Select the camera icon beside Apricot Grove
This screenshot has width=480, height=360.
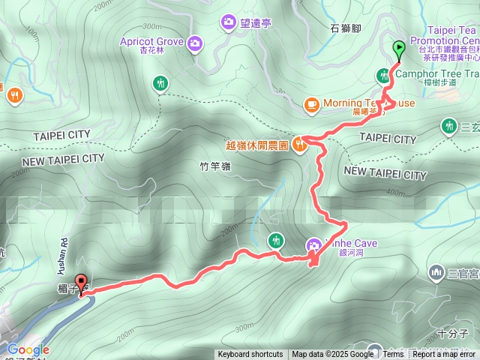click(195, 42)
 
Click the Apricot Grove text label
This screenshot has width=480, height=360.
click(151, 42)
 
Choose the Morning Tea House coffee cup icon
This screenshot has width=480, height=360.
click(310, 104)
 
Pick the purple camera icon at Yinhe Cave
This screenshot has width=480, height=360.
click(314, 244)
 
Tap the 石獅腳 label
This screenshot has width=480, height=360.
click(345, 28)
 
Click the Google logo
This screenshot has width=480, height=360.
click(28, 349)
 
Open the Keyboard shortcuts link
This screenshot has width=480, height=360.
click(250, 355)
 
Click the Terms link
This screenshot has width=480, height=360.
click(393, 355)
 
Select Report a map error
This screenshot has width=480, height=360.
click(444, 355)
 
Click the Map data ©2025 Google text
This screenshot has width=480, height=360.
click(332, 355)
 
